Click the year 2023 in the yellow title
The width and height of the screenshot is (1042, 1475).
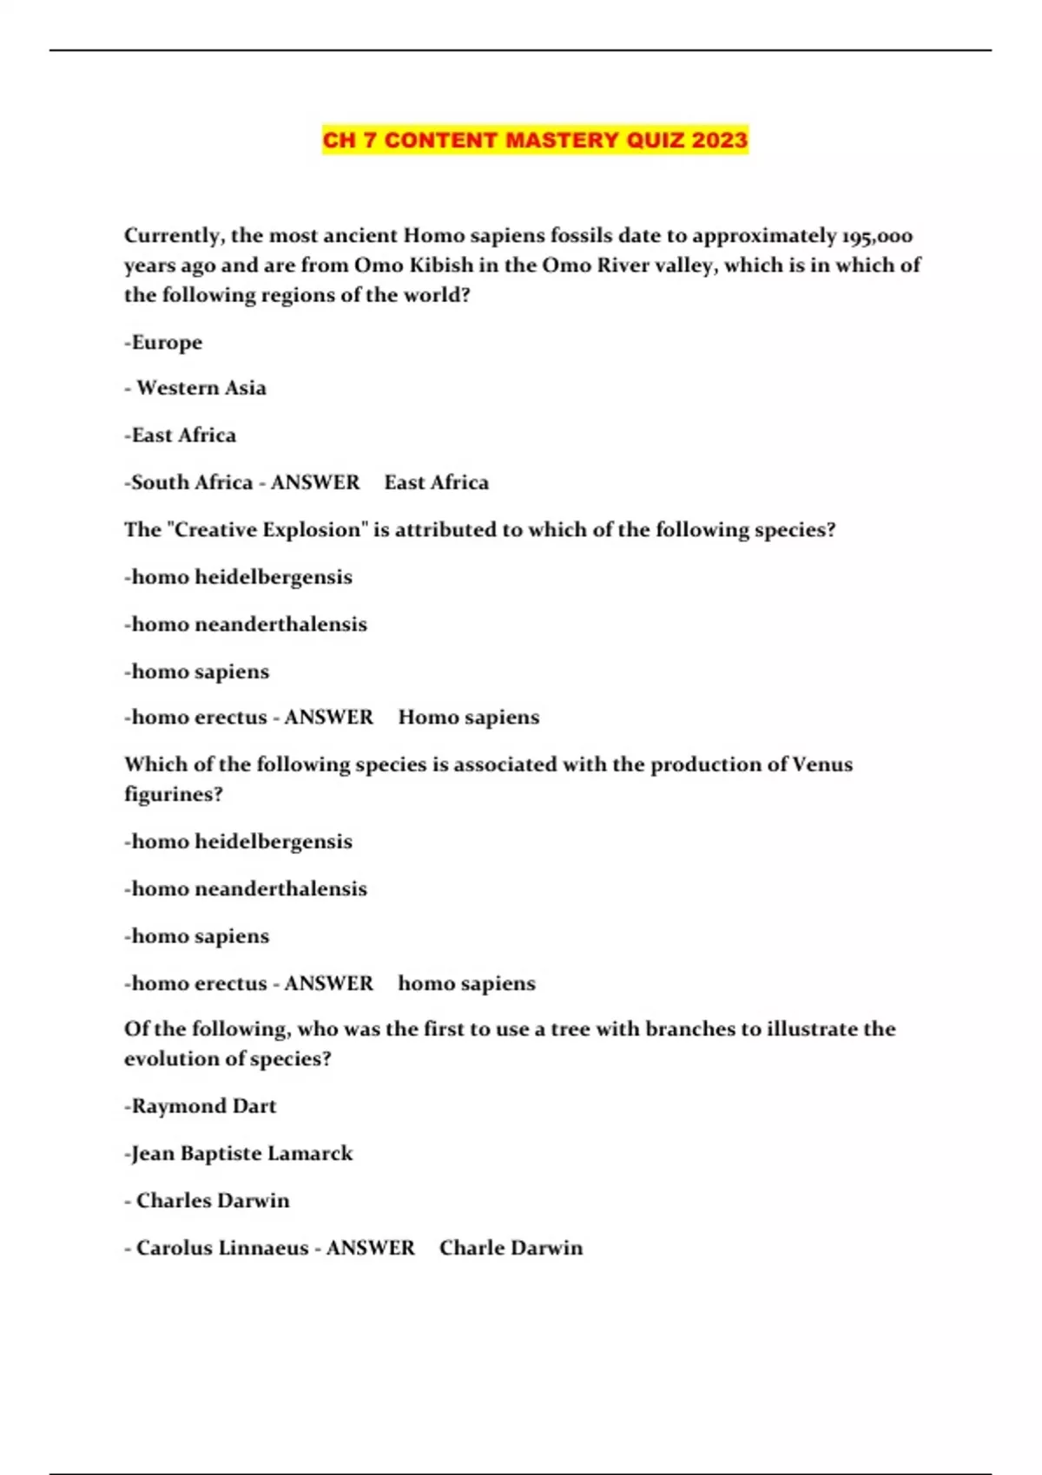tap(720, 140)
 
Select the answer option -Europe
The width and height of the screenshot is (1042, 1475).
tap(163, 343)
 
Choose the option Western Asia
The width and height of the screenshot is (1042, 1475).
tap(201, 388)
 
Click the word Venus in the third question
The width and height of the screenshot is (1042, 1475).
tap(822, 764)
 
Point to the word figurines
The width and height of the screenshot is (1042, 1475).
tap(173, 795)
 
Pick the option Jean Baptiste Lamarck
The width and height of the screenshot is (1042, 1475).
tap(239, 1154)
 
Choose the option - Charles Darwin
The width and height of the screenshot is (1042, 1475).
tap(212, 1201)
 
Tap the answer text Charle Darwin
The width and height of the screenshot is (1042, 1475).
tap(511, 1248)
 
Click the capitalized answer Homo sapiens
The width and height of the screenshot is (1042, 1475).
tap(469, 718)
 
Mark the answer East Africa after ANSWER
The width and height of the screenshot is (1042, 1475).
tap(437, 482)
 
